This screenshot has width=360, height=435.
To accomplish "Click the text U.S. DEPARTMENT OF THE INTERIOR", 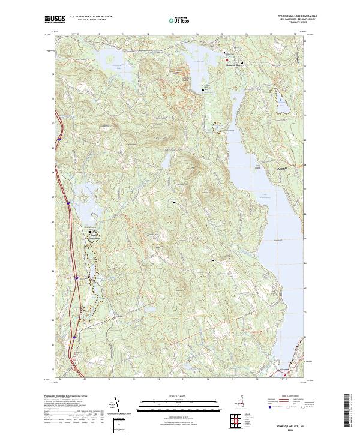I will (x=90, y=16).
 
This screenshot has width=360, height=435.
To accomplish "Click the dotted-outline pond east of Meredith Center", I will (x=281, y=100).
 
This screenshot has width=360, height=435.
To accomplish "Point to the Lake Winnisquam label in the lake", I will (x=263, y=196).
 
